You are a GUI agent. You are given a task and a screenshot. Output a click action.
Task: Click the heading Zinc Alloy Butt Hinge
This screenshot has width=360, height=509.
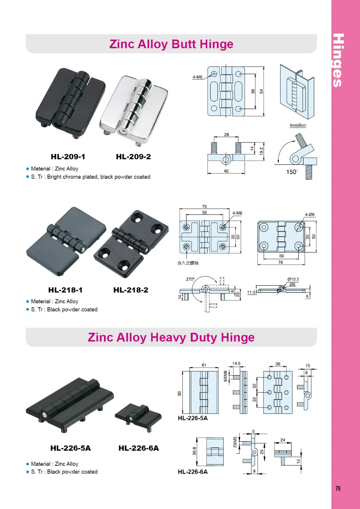click(x=171, y=44)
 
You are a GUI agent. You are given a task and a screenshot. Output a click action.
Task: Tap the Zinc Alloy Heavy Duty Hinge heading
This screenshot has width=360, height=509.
click(x=171, y=337)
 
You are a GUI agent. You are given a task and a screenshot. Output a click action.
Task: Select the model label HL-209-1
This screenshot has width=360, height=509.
click(x=68, y=157)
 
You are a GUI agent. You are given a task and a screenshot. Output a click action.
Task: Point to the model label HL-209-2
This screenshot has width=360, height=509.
click(x=133, y=157)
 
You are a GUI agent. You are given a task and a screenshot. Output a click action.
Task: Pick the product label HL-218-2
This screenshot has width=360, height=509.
click(x=131, y=290)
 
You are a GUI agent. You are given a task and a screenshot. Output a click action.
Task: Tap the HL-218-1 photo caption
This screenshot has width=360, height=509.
click(x=66, y=290)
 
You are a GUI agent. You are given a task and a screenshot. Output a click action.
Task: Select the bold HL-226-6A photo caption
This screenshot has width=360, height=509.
click(x=139, y=448)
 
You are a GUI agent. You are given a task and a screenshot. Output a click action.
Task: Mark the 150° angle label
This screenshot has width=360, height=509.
click(x=292, y=172)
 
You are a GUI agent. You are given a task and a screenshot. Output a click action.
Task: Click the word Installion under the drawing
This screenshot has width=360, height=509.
click(x=298, y=125)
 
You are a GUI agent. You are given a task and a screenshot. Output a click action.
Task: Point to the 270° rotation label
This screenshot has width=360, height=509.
click(x=190, y=279)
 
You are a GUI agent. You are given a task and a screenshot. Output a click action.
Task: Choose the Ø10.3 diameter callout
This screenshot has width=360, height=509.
click(x=293, y=279)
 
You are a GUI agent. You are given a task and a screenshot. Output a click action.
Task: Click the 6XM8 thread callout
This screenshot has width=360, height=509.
click(x=226, y=376)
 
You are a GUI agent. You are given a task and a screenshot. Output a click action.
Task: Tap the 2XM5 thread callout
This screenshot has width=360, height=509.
click(x=235, y=442)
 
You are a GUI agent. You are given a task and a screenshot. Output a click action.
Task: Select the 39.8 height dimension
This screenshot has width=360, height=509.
click(x=194, y=451)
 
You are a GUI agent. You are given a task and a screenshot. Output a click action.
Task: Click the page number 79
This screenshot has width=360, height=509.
click(x=338, y=488)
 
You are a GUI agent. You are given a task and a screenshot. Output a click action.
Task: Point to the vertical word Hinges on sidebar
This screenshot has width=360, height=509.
click(x=338, y=60)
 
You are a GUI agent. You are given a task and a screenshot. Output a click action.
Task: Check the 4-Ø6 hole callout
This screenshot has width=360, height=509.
click(x=310, y=215)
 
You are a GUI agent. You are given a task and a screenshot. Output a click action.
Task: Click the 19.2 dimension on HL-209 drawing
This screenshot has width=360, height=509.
click(x=261, y=151)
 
